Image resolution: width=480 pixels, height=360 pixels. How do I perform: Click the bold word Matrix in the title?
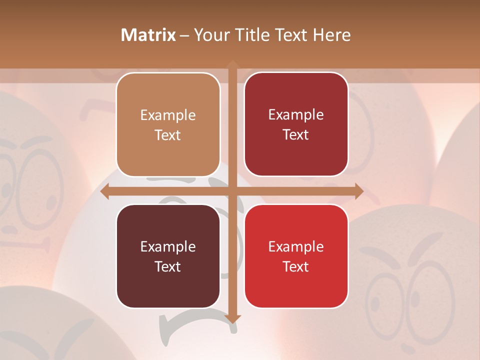point(148,35)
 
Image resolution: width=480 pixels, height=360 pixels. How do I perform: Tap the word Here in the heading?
point(332,35)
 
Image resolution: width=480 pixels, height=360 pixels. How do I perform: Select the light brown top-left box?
point(168,124)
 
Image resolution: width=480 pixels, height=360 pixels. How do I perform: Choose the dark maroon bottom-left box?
point(168,256)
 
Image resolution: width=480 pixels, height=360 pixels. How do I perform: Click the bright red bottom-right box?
point(296,256)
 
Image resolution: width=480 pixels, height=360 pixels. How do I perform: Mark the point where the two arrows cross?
point(232,191)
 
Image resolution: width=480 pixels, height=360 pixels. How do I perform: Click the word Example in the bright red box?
point(296,246)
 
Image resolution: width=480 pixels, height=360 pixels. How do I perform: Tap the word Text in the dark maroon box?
point(168,266)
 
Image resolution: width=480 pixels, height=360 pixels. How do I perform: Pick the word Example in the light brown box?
point(168,115)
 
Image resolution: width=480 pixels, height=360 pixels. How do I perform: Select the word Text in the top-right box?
point(296,134)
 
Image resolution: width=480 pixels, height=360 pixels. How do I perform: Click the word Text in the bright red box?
point(296,266)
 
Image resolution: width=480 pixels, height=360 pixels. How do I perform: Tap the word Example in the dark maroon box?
point(168,246)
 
